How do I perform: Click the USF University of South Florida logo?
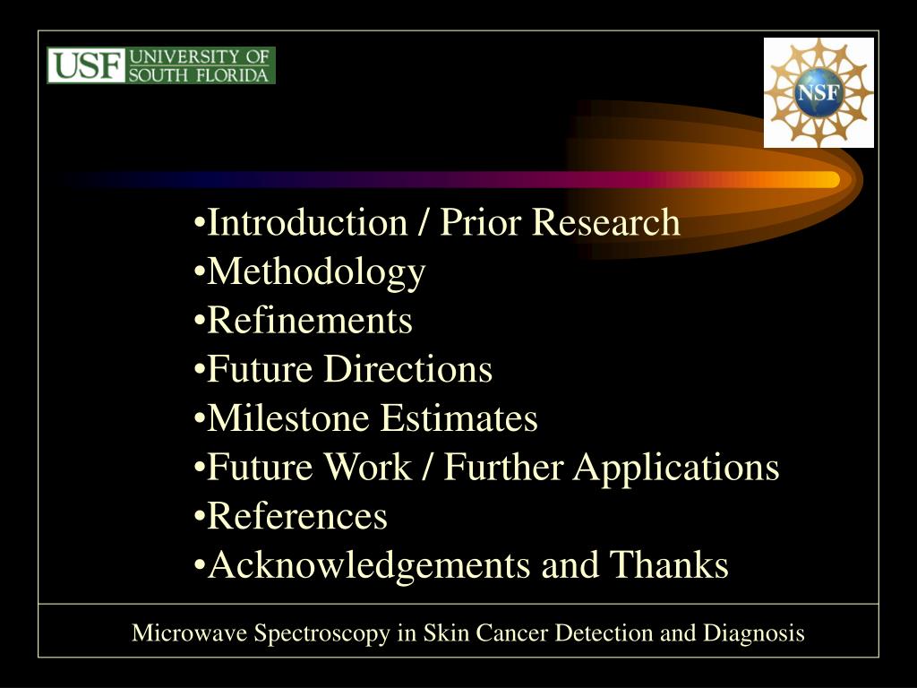pos(161,65)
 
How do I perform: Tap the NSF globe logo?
pos(818,92)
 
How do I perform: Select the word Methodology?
pos(316,272)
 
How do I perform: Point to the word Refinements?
pos(310,321)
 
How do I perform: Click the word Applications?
pos(675,468)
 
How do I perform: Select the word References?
pos(297,516)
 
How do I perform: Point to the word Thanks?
pos(669,565)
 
